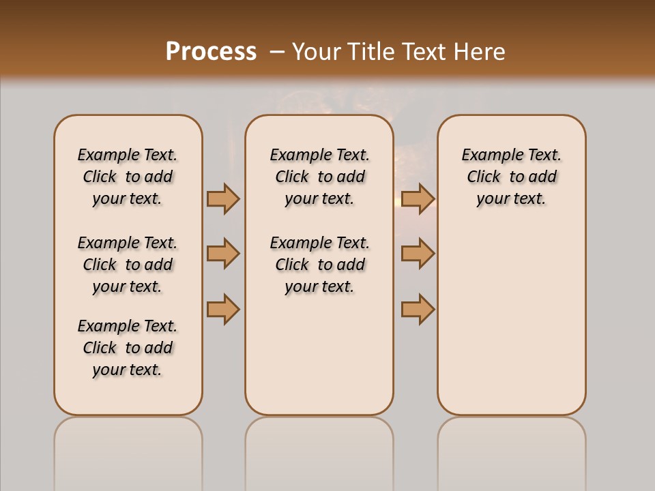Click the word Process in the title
(211, 52)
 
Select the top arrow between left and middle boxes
(223, 198)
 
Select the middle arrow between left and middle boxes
(223, 254)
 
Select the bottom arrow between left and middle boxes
(223, 309)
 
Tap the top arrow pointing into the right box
(418, 198)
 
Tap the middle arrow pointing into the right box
(418, 254)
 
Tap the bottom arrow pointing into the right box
(418, 309)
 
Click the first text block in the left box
(128, 177)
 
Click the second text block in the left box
(128, 265)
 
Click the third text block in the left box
(128, 348)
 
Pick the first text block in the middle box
(319, 177)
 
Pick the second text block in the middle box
(319, 265)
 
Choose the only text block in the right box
(511, 177)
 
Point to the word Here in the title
(480, 52)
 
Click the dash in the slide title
(277, 52)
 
